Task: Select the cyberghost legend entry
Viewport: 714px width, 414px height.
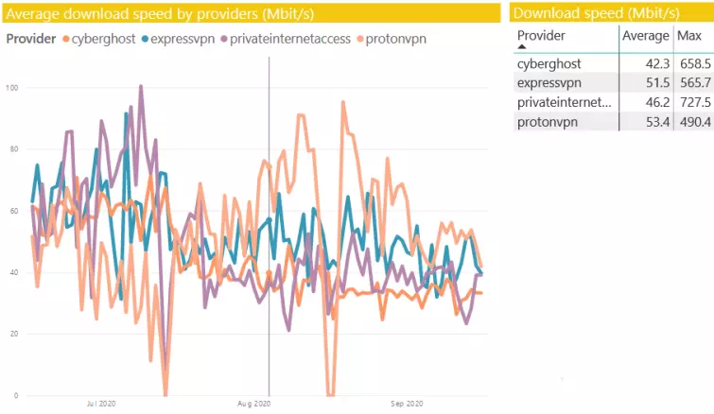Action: pos(99,39)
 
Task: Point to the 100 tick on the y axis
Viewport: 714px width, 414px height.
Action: pos(13,88)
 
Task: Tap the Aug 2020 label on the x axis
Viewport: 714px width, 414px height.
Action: pos(253,404)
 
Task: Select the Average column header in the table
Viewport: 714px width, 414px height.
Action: pos(646,35)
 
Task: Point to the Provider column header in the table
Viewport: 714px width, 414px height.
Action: pos(542,35)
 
